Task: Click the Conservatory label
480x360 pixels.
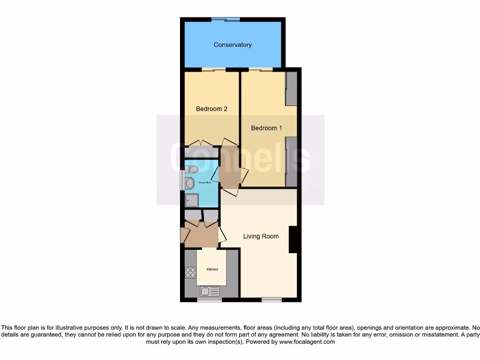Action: (x=232, y=45)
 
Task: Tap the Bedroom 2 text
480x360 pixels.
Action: (x=211, y=109)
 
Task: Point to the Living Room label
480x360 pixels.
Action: (x=261, y=236)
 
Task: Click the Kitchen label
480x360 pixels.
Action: (x=212, y=270)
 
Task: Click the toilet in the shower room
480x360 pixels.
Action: (x=191, y=169)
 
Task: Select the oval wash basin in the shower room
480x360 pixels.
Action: (x=190, y=183)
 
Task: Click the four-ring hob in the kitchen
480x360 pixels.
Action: (x=190, y=272)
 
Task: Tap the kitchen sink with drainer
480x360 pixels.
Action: (x=210, y=291)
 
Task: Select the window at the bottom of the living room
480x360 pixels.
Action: (x=271, y=300)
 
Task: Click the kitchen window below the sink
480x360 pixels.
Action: (x=209, y=300)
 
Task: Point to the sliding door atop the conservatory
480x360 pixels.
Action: (x=225, y=19)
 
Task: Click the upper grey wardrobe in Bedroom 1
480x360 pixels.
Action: (x=291, y=89)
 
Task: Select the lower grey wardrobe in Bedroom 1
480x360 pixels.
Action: (x=291, y=162)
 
